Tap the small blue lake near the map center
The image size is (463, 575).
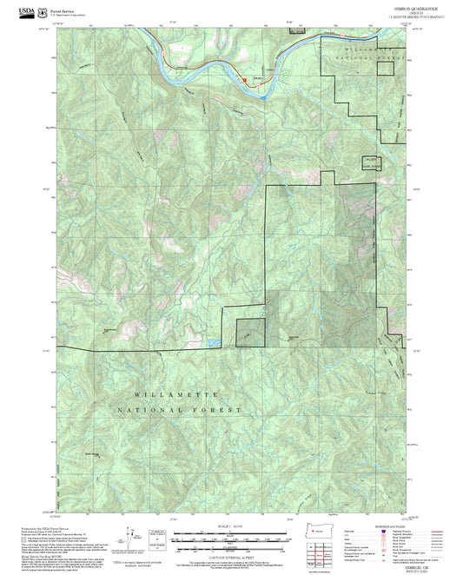212,343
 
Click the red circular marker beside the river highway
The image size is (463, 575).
245,79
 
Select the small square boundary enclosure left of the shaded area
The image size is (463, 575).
249,331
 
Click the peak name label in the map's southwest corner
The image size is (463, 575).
92,453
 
